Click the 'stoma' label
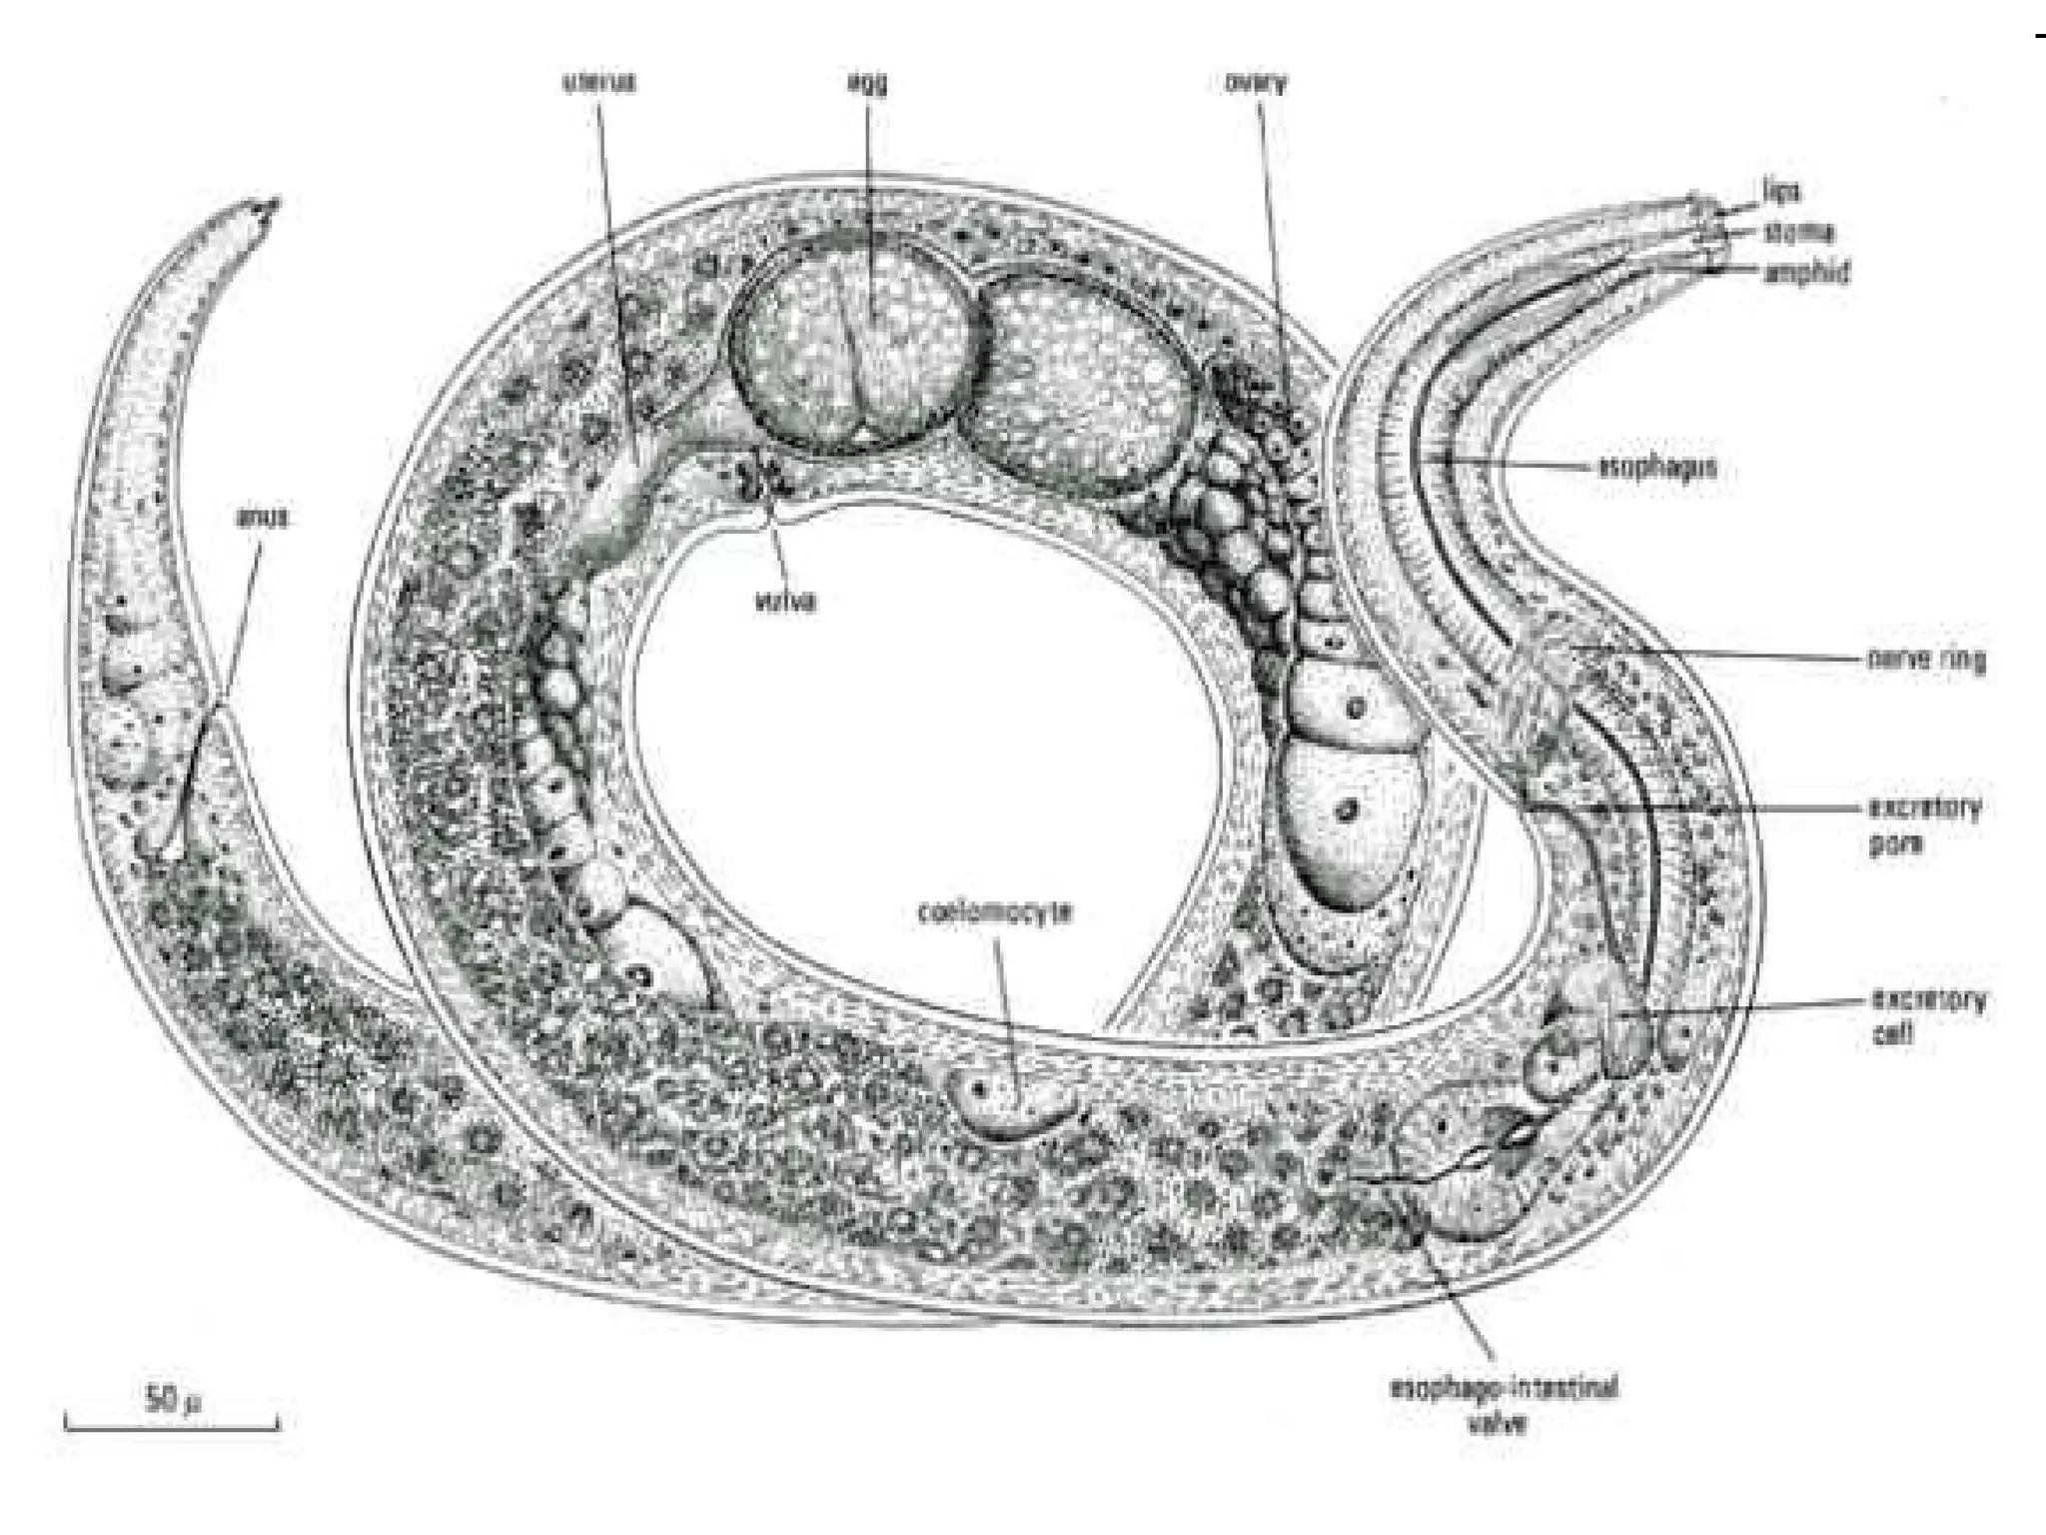point(1799,232)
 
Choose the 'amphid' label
point(1806,272)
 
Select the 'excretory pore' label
point(1923,825)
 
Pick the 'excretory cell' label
point(1927,1016)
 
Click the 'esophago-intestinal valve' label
point(1504,1404)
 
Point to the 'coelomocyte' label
point(995,912)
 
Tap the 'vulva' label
point(784,602)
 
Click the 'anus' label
point(265,518)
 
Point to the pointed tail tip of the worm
point(271,204)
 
